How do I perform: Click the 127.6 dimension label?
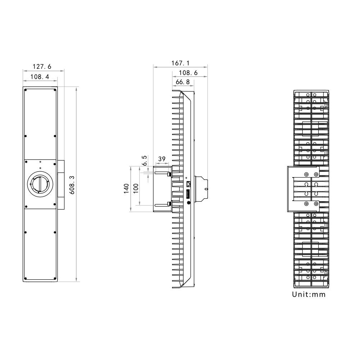click(x=42, y=67)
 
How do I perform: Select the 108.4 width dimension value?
click(x=40, y=77)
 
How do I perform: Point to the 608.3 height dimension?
click(x=72, y=185)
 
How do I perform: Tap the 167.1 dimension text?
click(x=180, y=63)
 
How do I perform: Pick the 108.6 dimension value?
click(x=188, y=73)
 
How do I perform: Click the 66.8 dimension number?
click(x=183, y=82)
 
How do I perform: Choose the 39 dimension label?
click(x=162, y=159)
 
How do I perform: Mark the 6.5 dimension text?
click(x=144, y=161)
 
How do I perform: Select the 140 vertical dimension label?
click(x=126, y=189)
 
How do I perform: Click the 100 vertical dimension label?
click(x=136, y=189)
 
